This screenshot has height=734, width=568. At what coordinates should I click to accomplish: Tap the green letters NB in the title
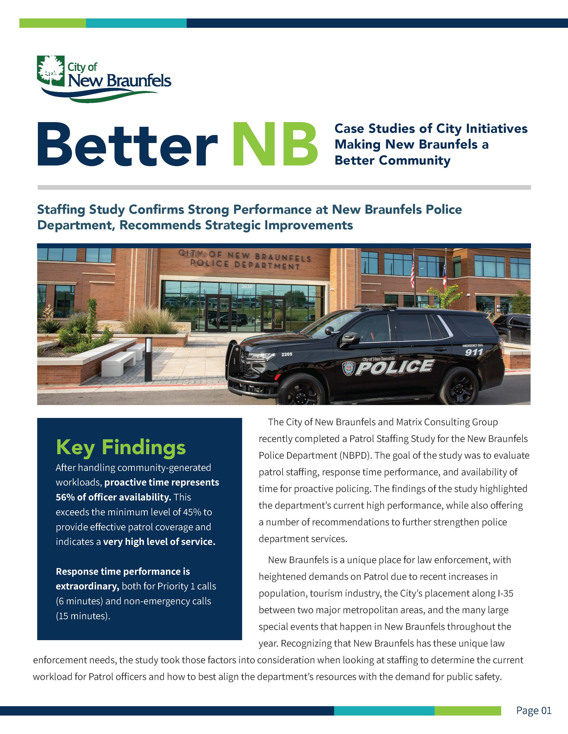pyautogui.click(x=275, y=144)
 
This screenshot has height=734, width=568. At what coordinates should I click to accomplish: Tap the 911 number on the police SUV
pyautogui.click(x=474, y=352)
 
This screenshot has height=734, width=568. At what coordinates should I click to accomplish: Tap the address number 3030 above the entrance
pyautogui.click(x=247, y=286)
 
